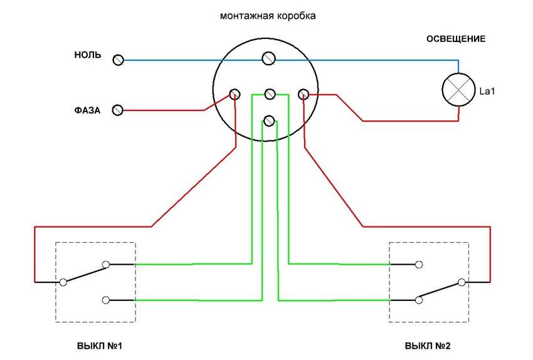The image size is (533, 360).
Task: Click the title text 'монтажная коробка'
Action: [x=268, y=16]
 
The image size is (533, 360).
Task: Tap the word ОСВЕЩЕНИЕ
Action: [x=456, y=39]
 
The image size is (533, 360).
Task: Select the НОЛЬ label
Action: [x=88, y=55]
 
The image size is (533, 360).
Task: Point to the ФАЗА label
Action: [x=87, y=110]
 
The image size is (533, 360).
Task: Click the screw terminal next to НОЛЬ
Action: [x=119, y=60]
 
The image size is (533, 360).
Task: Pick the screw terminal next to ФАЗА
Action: [x=118, y=110]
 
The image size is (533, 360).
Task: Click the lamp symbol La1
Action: [x=458, y=90]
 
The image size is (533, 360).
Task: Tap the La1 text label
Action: [x=487, y=91]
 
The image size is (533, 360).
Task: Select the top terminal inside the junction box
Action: [x=268, y=58]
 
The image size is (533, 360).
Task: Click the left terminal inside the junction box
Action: [x=235, y=94]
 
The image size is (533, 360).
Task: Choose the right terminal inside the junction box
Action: [x=303, y=94]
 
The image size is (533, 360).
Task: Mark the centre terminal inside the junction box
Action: [x=270, y=94]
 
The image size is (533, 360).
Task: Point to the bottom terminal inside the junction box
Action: [x=269, y=120]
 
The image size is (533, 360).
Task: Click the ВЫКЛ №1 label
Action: [x=99, y=346]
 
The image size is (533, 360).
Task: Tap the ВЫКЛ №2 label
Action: [x=428, y=346]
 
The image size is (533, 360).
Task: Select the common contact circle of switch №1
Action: [x=63, y=282]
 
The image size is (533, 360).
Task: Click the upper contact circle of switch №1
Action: [x=106, y=264]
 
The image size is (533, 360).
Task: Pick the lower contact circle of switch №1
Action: [x=106, y=300]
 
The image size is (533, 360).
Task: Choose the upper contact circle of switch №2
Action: [x=419, y=264]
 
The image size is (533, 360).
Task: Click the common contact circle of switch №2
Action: [x=462, y=282]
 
